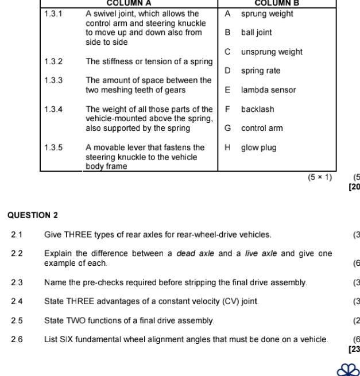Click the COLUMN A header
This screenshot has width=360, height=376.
pyautogui.click(x=129, y=3)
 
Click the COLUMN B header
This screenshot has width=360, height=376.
pyautogui.click(x=277, y=3)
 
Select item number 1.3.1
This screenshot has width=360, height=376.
pyautogui.click(x=53, y=13)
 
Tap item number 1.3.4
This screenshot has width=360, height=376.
pyautogui.click(x=53, y=109)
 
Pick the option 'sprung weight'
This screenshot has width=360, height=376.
pyautogui.click(x=267, y=13)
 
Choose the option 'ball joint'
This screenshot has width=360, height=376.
pyautogui.click(x=256, y=33)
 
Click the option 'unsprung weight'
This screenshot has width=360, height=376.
pyautogui.click(x=272, y=52)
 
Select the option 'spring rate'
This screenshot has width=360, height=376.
pyautogui.click(x=261, y=71)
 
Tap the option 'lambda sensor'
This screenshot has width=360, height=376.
pyautogui.click(x=268, y=90)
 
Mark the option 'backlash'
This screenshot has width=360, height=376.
pyautogui.click(x=257, y=109)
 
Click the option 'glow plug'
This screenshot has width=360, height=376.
pyautogui.click(x=258, y=148)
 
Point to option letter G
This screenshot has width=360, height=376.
pyautogui.click(x=228, y=128)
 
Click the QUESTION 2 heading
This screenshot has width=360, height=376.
pyautogui.click(x=33, y=215)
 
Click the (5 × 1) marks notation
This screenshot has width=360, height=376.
pyautogui.click(x=320, y=177)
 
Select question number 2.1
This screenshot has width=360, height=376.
pyautogui.click(x=17, y=234)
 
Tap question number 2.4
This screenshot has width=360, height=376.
pyautogui.click(x=17, y=301)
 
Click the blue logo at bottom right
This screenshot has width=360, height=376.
pyautogui.click(x=349, y=369)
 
